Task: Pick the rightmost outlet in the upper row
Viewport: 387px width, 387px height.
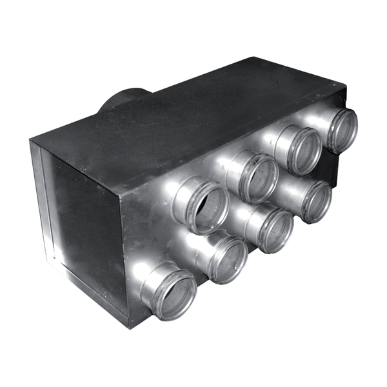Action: click(x=342, y=129)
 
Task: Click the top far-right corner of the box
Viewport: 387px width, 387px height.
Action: click(x=345, y=86)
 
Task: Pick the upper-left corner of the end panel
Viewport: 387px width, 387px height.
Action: click(x=31, y=141)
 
